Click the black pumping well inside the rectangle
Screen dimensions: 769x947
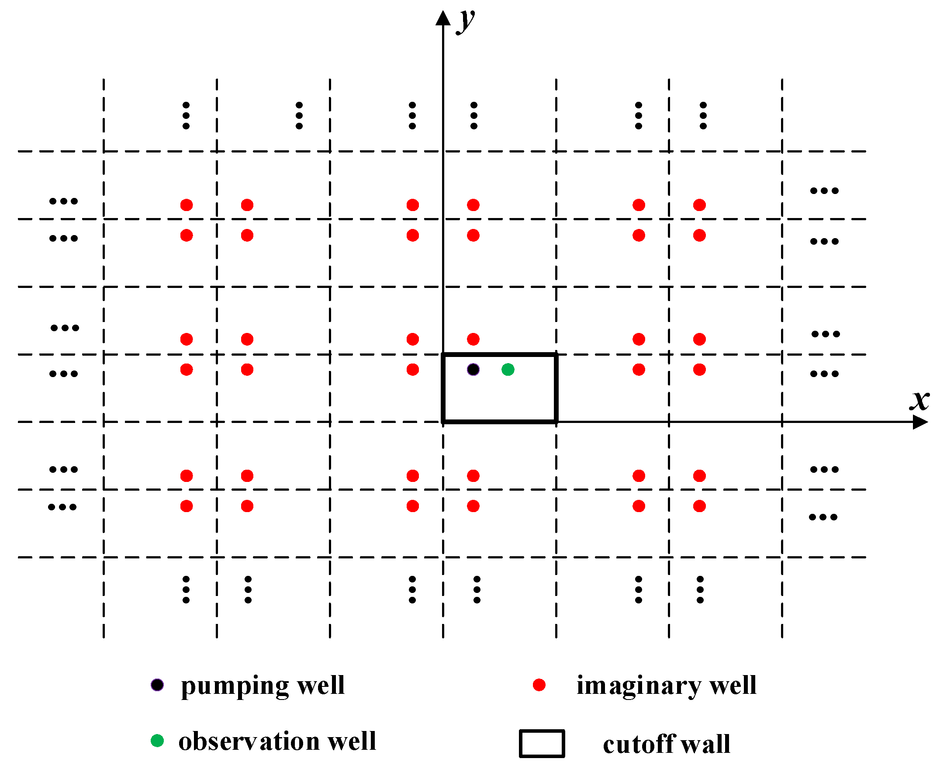pyautogui.click(x=473, y=370)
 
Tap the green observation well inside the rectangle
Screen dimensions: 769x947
pyautogui.click(x=508, y=370)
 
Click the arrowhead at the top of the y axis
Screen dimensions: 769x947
pyautogui.click(x=443, y=18)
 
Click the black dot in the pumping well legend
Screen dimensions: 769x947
pyautogui.click(x=157, y=685)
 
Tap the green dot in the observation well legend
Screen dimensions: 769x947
pyautogui.click(x=157, y=741)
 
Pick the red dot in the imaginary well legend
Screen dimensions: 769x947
pyautogui.click(x=539, y=685)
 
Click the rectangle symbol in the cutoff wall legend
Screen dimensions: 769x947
pyautogui.click(x=542, y=744)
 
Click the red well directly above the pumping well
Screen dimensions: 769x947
pyautogui.click(x=473, y=339)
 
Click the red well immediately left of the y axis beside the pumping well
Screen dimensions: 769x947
pyautogui.click(x=413, y=370)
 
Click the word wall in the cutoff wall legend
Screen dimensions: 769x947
pyautogui.click(x=705, y=744)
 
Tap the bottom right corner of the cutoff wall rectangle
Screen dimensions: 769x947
pyautogui.click(x=556, y=422)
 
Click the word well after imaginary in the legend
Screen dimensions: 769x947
pyautogui.click(x=733, y=686)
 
